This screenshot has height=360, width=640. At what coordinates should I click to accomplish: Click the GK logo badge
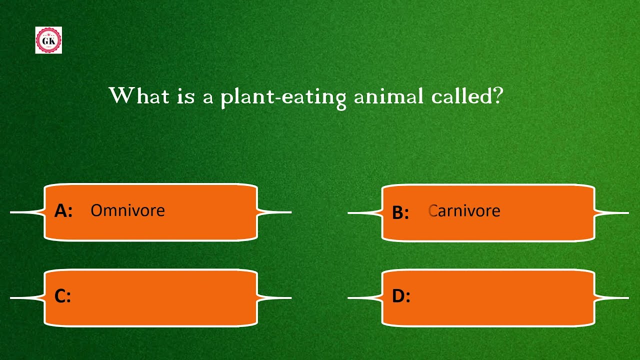point(48,40)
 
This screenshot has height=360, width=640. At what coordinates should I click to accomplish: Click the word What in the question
point(139,95)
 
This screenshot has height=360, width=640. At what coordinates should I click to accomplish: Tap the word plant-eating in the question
point(283,96)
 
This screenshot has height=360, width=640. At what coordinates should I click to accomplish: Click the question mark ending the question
point(497,95)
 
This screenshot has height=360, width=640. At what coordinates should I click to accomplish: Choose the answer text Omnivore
point(127,210)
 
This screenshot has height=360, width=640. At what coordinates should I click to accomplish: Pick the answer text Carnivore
point(464,211)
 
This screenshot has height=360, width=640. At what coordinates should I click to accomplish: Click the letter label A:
point(63,211)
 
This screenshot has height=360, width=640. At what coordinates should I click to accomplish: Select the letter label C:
point(62,296)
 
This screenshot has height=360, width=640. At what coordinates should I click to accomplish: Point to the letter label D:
point(401,296)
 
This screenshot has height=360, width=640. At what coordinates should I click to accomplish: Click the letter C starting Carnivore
point(433,211)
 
